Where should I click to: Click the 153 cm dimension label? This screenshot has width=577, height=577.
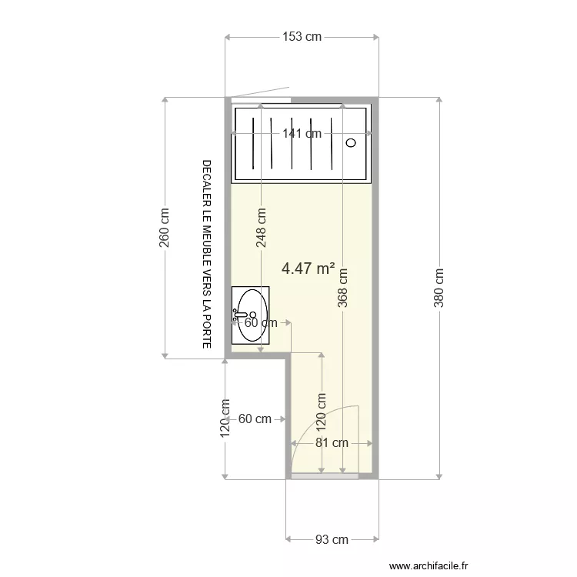click(x=301, y=37)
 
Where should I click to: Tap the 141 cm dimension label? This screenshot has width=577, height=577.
click(x=302, y=133)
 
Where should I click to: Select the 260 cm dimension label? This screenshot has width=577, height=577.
click(x=164, y=228)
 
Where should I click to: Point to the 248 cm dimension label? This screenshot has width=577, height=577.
click(x=262, y=228)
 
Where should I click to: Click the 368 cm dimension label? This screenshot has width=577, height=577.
click(x=342, y=287)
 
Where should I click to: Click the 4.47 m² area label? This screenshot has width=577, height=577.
click(x=308, y=268)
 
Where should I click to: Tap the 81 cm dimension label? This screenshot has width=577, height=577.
click(x=332, y=443)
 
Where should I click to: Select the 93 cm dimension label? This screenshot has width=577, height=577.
click(x=332, y=539)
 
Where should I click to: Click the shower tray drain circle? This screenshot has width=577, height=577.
click(x=351, y=142)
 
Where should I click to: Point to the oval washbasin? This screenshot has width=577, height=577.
click(x=251, y=315)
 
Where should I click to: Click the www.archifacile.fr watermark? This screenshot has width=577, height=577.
click(x=429, y=565)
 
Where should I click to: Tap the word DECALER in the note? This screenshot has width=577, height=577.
click(x=206, y=178)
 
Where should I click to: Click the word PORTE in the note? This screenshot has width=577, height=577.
click(x=206, y=332)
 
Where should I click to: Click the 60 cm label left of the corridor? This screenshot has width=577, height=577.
click(x=255, y=419)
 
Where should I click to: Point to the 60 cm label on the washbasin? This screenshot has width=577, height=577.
click(x=260, y=323)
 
